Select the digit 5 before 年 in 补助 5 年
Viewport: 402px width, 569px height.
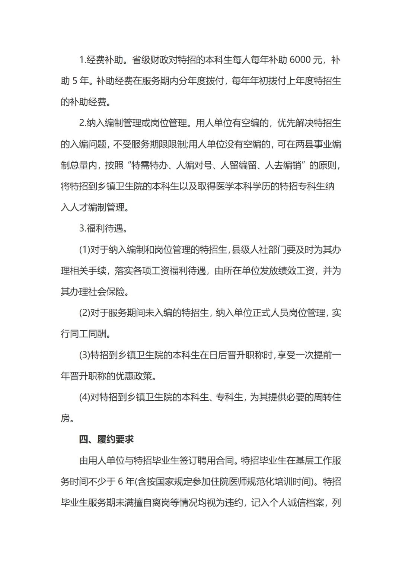[75, 81]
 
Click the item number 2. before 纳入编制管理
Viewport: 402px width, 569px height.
[83, 123]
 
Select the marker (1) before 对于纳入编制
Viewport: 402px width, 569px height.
[84, 249]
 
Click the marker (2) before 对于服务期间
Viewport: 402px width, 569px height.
[84, 313]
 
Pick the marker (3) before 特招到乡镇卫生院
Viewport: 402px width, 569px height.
[84, 355]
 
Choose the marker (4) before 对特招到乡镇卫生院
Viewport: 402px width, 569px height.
[84, 397]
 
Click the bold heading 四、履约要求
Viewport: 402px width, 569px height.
[106, 439]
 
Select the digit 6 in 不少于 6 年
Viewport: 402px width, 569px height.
[120, 482]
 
